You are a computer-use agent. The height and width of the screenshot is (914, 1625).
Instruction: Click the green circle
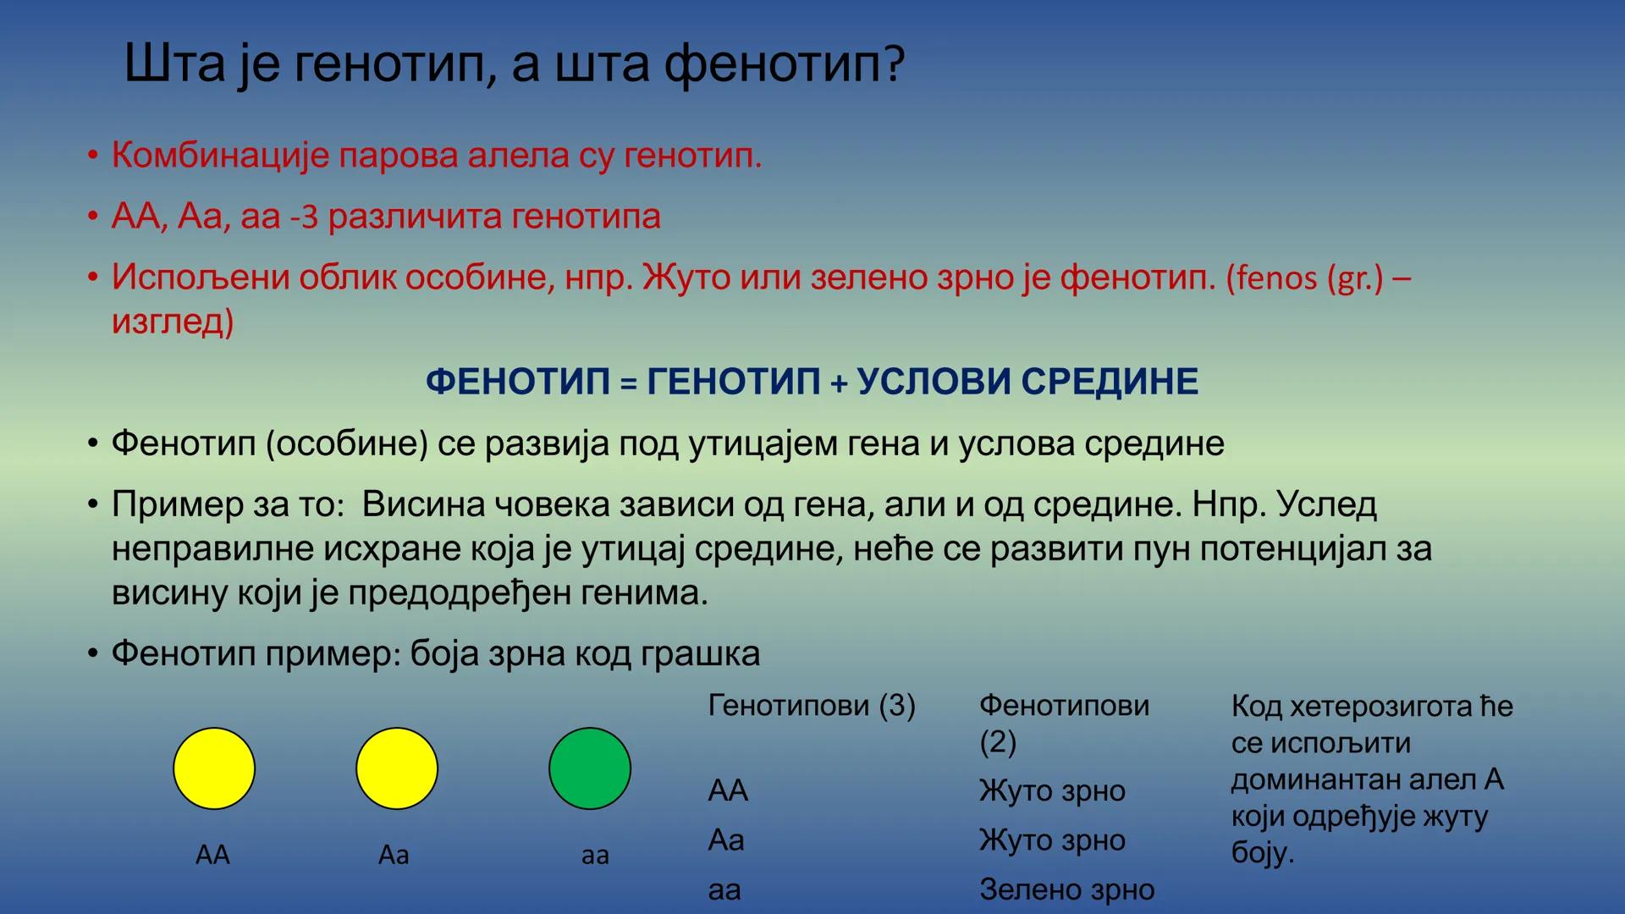(590, 768)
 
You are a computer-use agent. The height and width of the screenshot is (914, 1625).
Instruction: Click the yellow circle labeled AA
(214, 768)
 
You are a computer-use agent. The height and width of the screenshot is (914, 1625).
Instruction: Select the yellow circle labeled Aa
(397, 768)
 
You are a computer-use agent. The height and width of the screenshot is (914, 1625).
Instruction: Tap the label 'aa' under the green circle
(595, 856)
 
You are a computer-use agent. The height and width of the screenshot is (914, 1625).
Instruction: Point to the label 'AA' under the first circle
(212, 855)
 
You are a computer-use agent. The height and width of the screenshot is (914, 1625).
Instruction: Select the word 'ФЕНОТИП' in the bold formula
(517, 382)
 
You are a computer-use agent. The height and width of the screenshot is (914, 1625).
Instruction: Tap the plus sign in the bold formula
(838, 383)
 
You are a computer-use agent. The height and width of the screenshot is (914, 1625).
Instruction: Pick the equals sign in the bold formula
(628, 383)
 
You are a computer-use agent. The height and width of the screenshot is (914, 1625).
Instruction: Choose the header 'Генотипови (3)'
(812, 706)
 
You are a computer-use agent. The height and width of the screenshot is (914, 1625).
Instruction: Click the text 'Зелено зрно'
(1066, 889)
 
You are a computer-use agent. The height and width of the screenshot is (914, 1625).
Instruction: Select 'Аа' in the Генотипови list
(726, 840)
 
